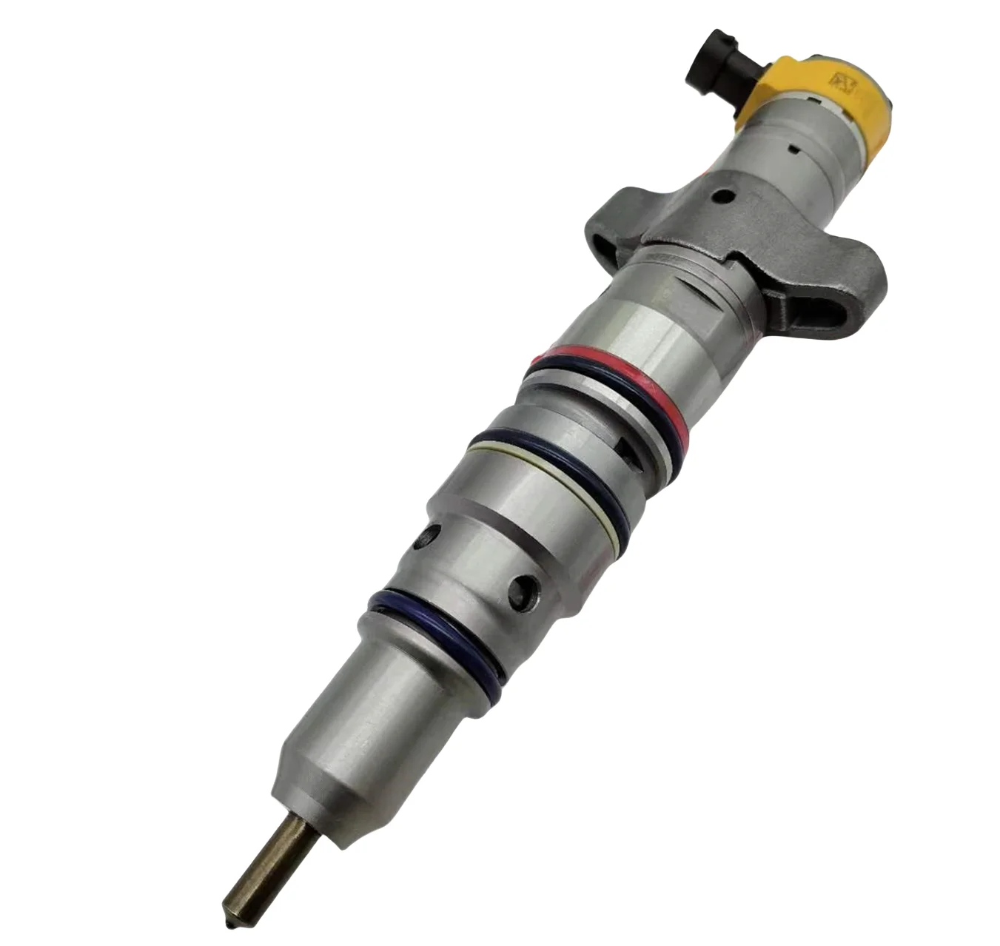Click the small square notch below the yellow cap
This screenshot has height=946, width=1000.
point(794,149)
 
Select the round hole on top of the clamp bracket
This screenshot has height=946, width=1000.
point(722,198)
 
